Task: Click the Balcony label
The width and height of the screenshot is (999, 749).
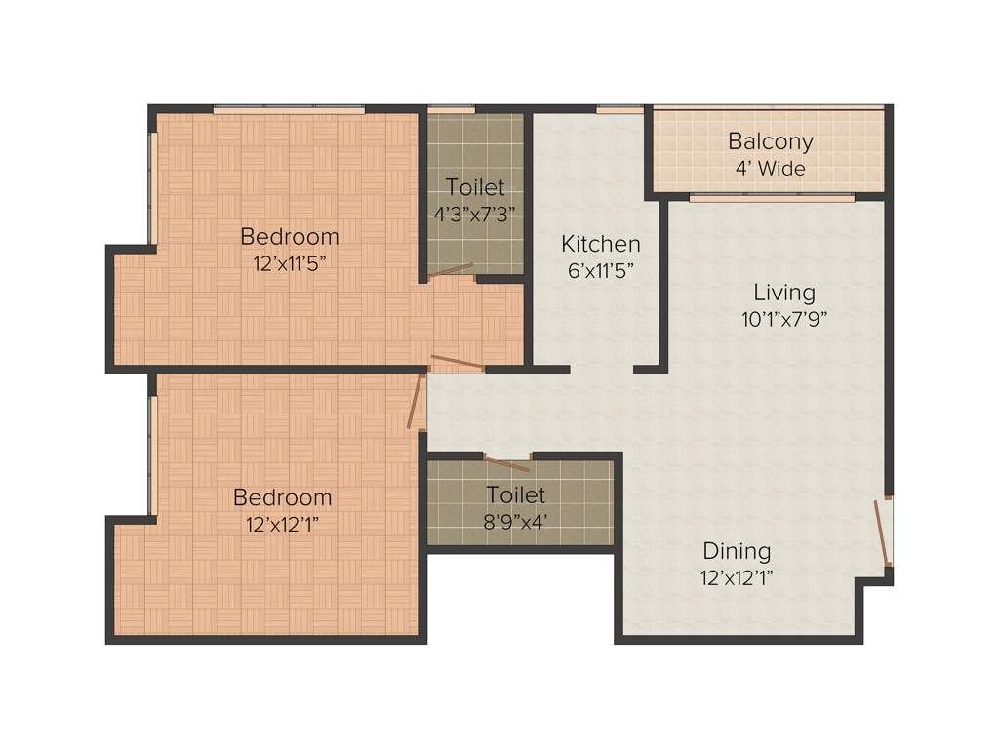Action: [770, 141]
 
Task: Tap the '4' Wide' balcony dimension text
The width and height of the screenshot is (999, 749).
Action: [770, 168]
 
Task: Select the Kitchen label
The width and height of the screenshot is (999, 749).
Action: [600, 244]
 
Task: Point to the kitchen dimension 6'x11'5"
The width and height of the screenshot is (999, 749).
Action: [600, 270]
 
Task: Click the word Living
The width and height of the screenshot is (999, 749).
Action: [783, 292]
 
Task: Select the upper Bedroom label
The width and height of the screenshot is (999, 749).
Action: [290, 236]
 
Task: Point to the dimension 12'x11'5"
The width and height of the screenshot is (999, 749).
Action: [290, 262]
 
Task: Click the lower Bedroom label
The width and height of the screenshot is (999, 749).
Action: [282, 497]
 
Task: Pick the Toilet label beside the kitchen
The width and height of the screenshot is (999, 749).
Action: [475, 187]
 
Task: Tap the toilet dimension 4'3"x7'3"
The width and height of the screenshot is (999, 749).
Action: [475, 214]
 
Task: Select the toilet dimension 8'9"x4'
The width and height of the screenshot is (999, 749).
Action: [516, 521]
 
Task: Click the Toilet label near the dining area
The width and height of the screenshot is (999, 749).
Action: [516, 495]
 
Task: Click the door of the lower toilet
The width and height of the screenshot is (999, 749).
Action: [506, 463]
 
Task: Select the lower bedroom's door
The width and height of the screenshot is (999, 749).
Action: [417, 401]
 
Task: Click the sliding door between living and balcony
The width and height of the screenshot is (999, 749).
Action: [771, 198]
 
